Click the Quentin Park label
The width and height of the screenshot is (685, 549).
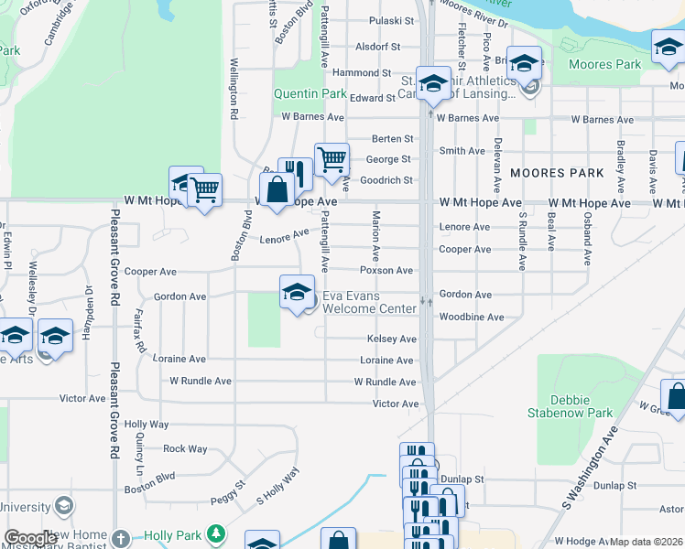click(310, 93)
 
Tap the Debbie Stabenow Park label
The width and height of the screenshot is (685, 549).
click(582, 406)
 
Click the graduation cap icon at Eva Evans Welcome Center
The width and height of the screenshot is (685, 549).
click(297, 293)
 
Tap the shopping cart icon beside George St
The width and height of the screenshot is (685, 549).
click(332, 160)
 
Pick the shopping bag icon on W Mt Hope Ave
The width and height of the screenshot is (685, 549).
click(277, 191)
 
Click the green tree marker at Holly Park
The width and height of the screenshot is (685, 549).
click(216, 532)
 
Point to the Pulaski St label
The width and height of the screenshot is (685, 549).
click(386, 20)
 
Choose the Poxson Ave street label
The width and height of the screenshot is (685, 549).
click(386, 271)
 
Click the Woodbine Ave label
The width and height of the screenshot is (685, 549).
click(472, 318)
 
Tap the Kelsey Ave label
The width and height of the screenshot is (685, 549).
click(392, 339)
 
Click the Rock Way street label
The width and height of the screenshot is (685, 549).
click(185, 448)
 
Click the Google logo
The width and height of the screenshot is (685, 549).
click(30, 538)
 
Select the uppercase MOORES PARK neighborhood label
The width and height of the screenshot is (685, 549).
click(557, 173)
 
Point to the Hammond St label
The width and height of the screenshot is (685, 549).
click(362, 72)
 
